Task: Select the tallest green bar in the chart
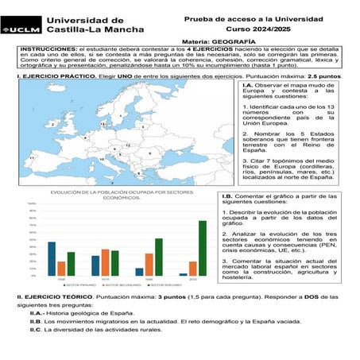point(202,248)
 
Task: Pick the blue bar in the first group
point(52,259)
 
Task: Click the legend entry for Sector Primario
point(70,285)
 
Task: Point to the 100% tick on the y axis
point(32,204)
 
